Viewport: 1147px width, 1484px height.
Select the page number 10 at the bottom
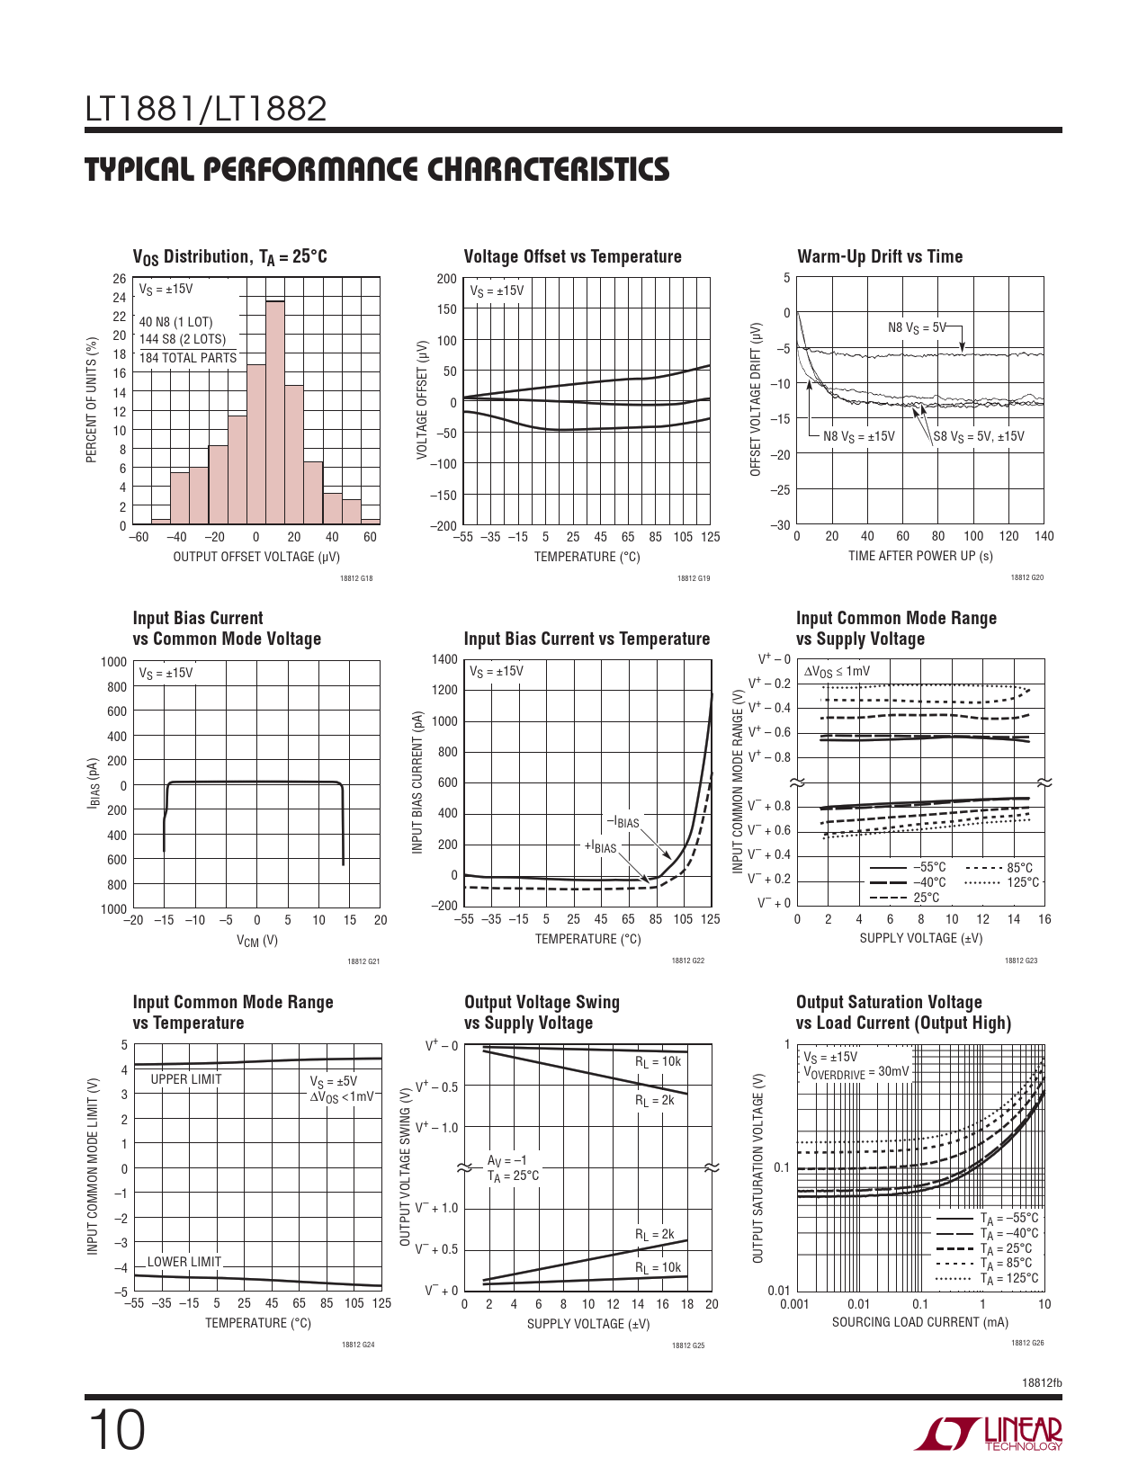pyautogui.click(x=116, y=1431)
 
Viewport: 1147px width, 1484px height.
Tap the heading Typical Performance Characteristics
pyautogui.click(x=377, y=169)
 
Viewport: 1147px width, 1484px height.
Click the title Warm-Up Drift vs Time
pyautogui.click(x=880, y=256)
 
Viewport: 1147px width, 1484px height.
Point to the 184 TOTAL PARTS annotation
pyautogui.click(x=188, y=358)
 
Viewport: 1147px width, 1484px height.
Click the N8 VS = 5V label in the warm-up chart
pyautogui.click(x=917, y=327)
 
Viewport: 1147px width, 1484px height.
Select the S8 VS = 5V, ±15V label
pyautogui.click(x=979, y=436)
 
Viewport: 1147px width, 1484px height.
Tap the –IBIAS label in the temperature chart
pyautogui.click(x=623, y=821)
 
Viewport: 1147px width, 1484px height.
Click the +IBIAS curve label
pyautogui.click(x=601, y=846)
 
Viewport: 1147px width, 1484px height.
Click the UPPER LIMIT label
pyautogui.click(x=186, y=1079)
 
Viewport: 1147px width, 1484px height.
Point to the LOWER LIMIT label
pyautogui.click(x=184, y=1262)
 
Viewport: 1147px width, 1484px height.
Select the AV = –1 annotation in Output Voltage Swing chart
pyautogui.click(x=507, y=1160)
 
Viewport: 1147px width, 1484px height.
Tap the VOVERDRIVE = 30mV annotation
pyautogui.click(x=856, y=1072)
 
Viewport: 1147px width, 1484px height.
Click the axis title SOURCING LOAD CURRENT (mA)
pyautogui.click(x=919, y=1322)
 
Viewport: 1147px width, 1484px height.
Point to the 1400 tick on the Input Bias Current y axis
pyautogui.click(x=445, y=659)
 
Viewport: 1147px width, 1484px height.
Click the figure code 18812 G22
pyautogui.click(x=688, y=961)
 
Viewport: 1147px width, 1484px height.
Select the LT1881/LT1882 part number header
pyautogui.click(x=206, y=109)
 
